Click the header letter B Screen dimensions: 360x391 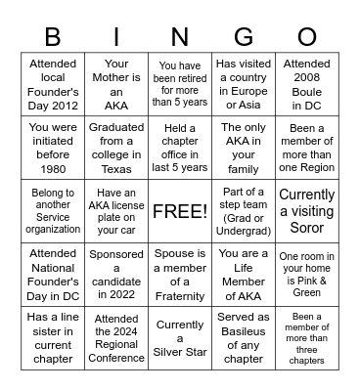pyautogui.click(x=53, y=37)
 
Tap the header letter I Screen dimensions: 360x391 pyautogui.click(x=116, y=37)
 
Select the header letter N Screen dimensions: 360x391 pyautogui.click(x=180, y=37)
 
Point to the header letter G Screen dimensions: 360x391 pyautogui.click(x=244, y=37)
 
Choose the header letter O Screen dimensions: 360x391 pyautogui.click(x=306, y=37)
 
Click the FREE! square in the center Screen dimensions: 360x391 pyautogui.click(x=180, y=211)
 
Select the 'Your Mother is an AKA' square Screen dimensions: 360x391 pyautogui.click(x=116, y=84)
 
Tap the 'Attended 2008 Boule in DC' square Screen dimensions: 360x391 pyautogui.click(x=306, y=84)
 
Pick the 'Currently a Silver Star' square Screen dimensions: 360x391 pyautogui.click(x=180, y=339)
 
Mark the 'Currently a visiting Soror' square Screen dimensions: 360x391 pyautogui.click(x=306, y=211)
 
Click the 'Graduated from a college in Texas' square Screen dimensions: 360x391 pyautogui.click(x=116, y=148)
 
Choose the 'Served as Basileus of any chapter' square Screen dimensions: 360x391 pyautogui.click(x=244, y=339)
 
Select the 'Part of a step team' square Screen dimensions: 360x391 pyautogui.click(x=244, y=211)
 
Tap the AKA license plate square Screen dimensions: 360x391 pyautogui.click(x=116, y=211)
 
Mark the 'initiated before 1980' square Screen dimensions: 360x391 pyautogui.click(x=53, y=148)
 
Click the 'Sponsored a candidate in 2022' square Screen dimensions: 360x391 pyautogui.click(x=116, y=275)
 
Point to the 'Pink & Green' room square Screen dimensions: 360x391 pyautogui.click(x=306, y=275)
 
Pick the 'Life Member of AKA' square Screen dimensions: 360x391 pyautogui.click(x=244, y=275)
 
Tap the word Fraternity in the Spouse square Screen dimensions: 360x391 pyautogui.click(x=180, y=296)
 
